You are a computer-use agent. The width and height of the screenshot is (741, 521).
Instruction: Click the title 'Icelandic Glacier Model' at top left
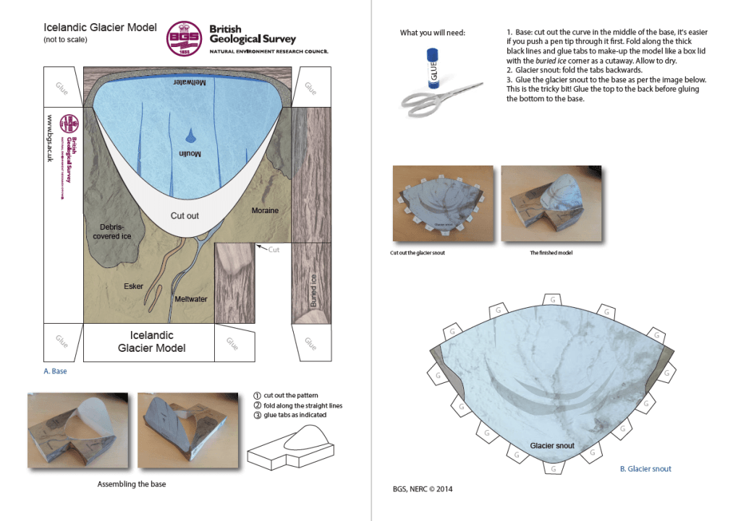coord(100,28)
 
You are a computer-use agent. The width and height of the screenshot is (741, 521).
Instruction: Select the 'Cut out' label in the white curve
coord(185,215)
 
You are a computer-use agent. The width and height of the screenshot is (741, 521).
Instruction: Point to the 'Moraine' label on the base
coord(265,210)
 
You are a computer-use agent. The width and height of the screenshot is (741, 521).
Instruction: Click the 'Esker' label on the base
coord(133,286)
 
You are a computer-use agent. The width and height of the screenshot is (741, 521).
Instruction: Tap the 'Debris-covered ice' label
coord(111,231)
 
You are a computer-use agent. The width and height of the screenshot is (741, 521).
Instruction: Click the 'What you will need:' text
coord(433,33)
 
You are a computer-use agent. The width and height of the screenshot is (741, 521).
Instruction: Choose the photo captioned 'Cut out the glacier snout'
coord(442,203)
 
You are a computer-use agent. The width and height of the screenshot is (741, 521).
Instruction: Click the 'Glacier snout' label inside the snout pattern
coord(552,445)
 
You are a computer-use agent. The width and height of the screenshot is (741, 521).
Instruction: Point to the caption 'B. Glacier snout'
coord(645,469)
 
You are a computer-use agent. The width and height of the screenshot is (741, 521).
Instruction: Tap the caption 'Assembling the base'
coord(132,484)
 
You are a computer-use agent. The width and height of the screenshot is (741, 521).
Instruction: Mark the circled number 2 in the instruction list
coord(258,405)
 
